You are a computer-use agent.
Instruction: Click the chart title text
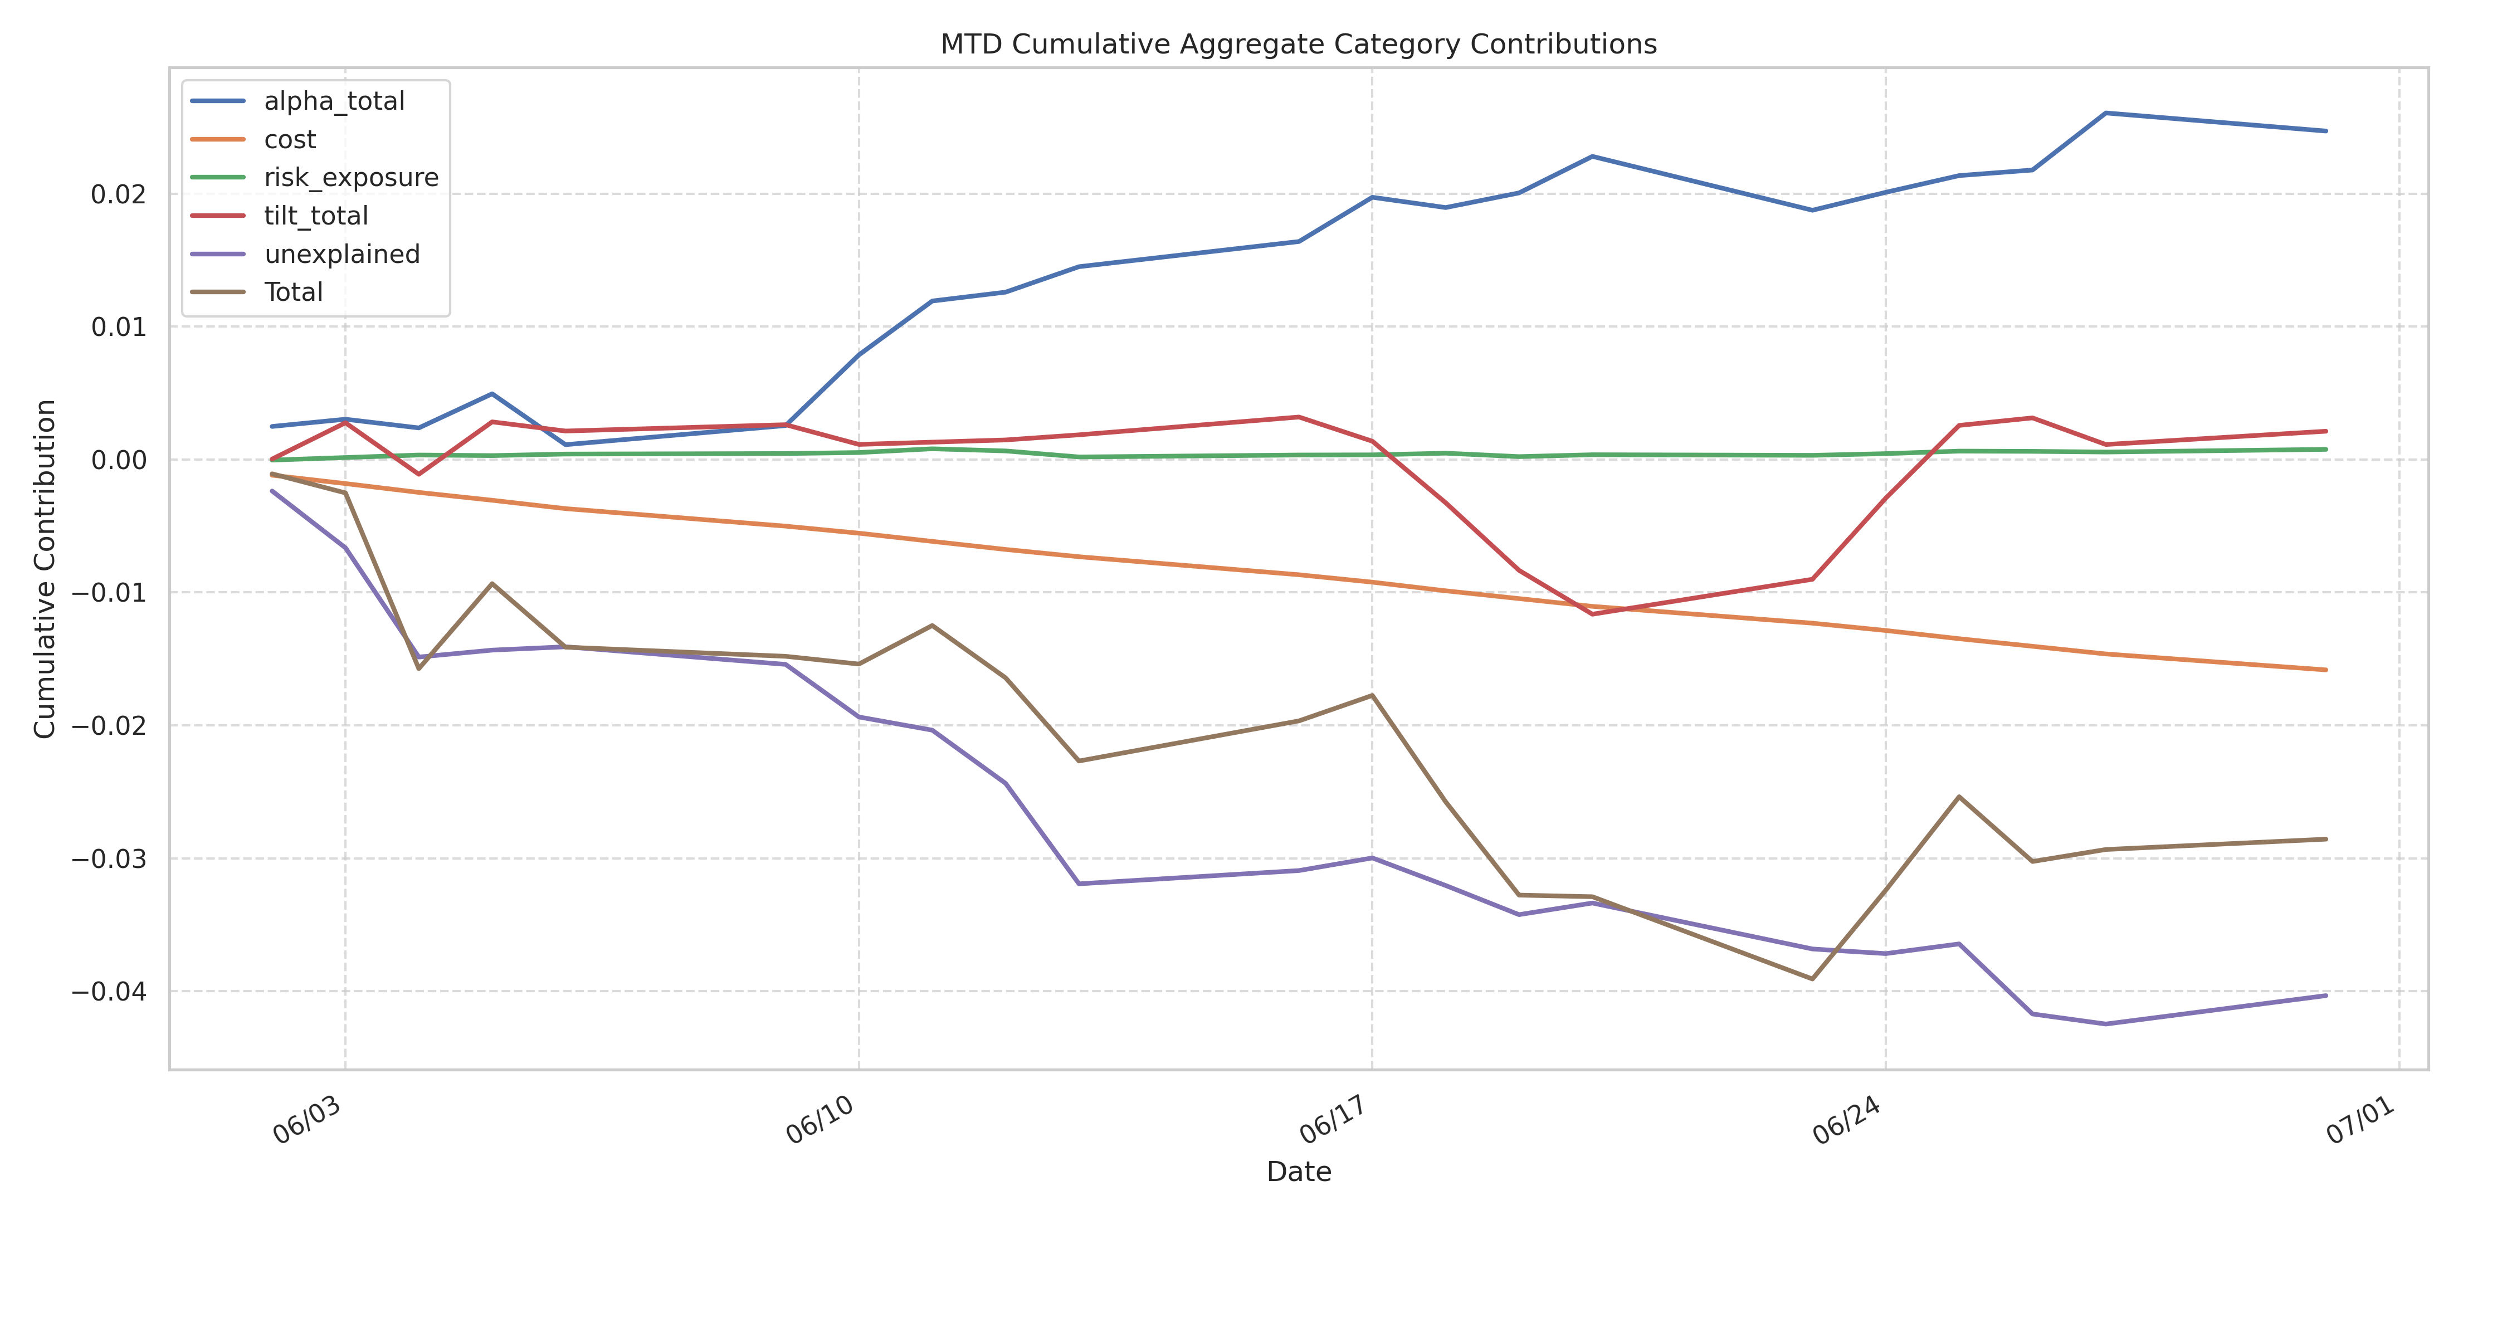pyautogui.click(x=1298, y=45)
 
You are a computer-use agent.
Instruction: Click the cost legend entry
pyautogui.click(x=289, y=139)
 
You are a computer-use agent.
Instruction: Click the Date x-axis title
pyautogui.click(x=1298, y=1172)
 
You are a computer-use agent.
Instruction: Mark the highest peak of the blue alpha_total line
pyautogui.click(x=2106, y=113)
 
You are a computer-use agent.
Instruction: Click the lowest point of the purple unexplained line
pyautogui.click(x=2106, y=1024)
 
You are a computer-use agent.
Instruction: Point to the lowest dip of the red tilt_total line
pyautogui.click(x=1592, y=614)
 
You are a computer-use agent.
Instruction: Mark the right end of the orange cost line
pyautogui.click(x=2326, y=670)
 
